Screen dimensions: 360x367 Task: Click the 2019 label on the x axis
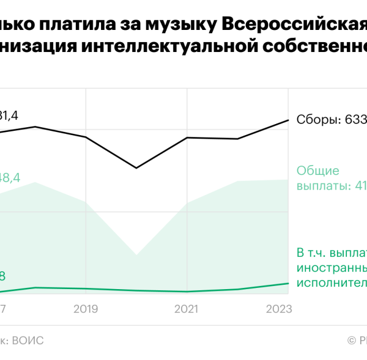point(86,310)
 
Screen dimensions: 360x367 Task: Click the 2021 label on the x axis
point(186,310)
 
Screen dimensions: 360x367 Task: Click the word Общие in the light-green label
point(317,171)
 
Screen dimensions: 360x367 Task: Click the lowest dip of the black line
point(136,167)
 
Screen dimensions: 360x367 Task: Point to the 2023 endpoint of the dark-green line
point(288,283)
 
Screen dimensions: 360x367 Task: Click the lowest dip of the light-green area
point(136,254)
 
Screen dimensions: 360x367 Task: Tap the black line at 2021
point(186,138)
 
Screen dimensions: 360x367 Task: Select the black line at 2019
point(86,137)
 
